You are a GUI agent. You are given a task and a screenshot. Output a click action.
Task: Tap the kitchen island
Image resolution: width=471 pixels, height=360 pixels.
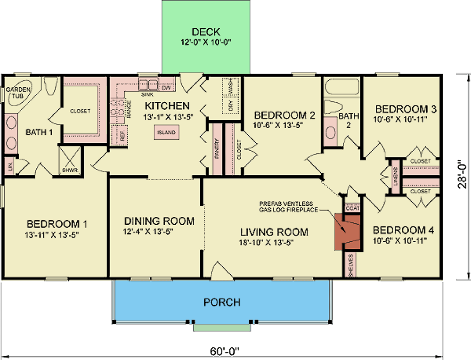pos(167,132)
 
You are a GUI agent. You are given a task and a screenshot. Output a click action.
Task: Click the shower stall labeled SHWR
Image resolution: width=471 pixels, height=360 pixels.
pos(69,160)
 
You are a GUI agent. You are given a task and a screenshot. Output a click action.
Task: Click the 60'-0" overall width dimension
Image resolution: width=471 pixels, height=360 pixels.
pos(226,351)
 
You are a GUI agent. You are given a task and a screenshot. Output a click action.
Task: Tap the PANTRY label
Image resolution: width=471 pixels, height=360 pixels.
pos(217,148)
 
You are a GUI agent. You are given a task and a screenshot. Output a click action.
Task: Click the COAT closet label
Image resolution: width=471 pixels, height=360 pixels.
pos(352,207)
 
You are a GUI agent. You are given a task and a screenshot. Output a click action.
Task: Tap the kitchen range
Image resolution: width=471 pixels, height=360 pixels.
pos(115,108)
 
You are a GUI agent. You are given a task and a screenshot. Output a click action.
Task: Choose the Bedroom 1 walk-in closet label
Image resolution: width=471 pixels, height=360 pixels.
pos(80,111)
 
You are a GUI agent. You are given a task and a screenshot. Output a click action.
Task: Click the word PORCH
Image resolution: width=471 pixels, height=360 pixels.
pos(222,302)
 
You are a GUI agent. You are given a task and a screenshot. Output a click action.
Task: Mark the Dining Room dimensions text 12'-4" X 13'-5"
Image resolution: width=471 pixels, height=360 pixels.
pos(159,231)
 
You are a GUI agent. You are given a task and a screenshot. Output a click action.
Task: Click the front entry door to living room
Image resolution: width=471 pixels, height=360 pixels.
pos(219,270)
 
